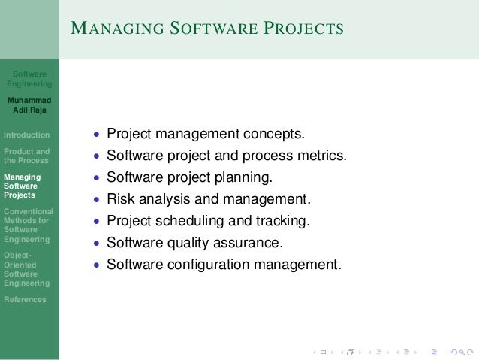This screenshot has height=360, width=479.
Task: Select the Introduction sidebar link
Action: click(27, 135)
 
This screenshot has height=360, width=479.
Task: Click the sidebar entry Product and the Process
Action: click(27, 156)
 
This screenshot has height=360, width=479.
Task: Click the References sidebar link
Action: click(24, 299)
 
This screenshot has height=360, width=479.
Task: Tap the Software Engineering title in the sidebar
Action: click(29, 79)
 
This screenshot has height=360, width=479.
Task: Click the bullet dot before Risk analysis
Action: click(95, 201)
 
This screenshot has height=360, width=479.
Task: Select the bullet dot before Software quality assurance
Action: click(95, 244)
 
